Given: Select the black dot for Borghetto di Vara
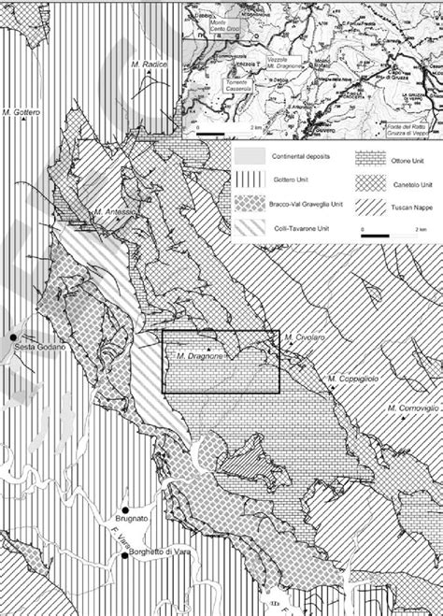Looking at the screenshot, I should coord(124,557).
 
